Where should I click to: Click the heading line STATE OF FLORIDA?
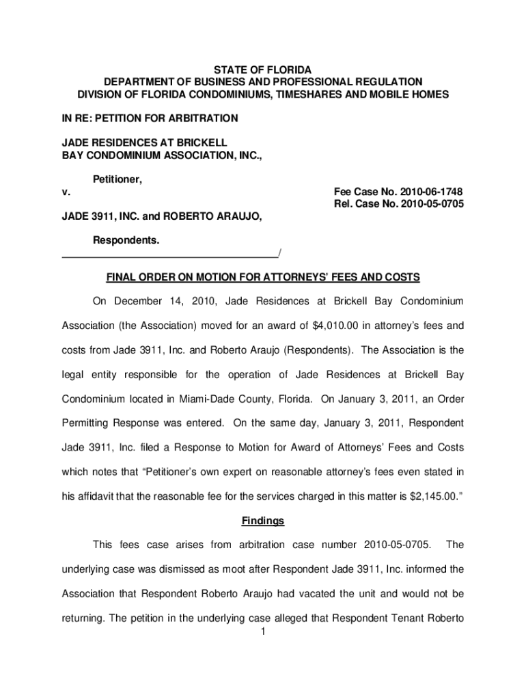pos(263,70)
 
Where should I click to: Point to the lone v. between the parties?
pos(66,192)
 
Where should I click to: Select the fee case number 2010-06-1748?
pos(424,192)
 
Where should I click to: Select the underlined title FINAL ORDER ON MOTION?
pos(263,278)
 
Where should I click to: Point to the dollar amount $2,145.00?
pos(429,496)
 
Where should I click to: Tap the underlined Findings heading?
pos(263,521)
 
